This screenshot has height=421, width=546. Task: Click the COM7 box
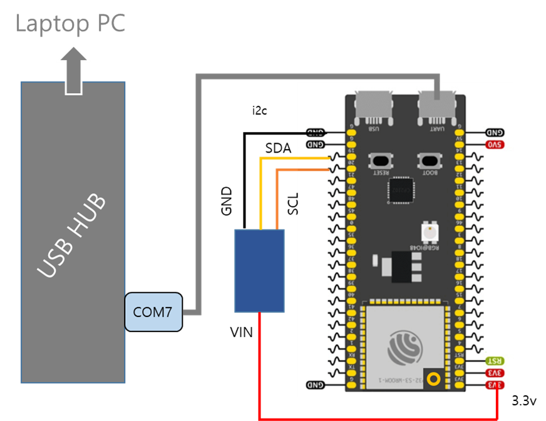(153, 312)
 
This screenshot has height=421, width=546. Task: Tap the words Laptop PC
(71, 24)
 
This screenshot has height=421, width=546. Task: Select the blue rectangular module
(259, 270)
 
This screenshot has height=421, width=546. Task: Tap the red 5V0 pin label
(495, 145)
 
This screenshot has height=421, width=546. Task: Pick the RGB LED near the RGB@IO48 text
(431, 232)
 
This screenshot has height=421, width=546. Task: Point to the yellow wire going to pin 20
(294, 158)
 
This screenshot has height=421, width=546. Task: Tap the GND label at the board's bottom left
(316, 385)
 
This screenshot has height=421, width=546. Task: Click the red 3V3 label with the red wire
(495, 385)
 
